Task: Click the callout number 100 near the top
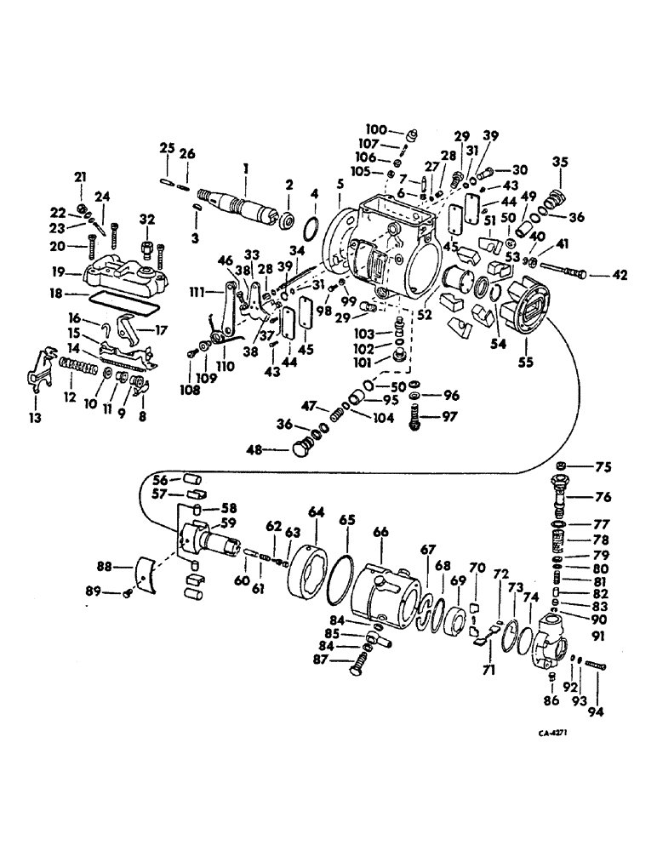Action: (x=376, y=130)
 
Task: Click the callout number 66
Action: (x=381, y=532)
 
